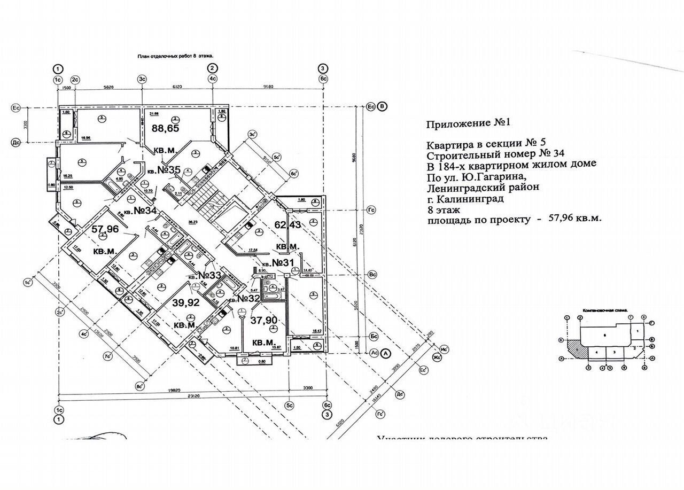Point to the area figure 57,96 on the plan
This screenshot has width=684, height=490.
[x=105, y=230]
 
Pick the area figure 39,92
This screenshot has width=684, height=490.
[x=185, y=302]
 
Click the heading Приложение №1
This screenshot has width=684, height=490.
[x=469, y=123]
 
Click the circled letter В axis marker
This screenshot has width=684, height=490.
[x=382, y=106]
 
